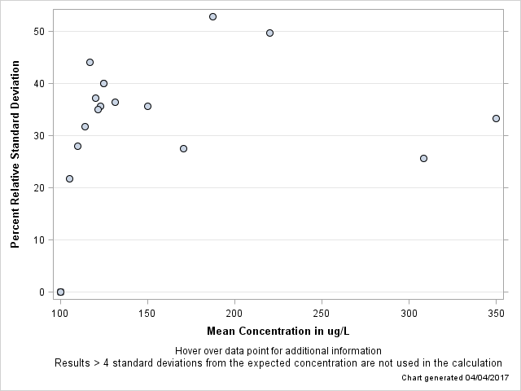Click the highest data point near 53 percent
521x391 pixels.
click(212, 16)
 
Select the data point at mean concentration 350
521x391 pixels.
click(496, 118)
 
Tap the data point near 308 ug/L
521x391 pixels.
click(423, 158)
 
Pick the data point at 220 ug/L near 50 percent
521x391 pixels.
click(269, 33)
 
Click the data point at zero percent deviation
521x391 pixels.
click(60, 292)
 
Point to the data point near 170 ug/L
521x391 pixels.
click(183, 148)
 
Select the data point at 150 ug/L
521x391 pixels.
click(147, 106)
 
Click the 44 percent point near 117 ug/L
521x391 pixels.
click(90, 62)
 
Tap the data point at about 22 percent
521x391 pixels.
click(69, 178)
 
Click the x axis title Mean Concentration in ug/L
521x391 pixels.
click(278, 331)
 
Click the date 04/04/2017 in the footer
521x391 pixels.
click(486, 378)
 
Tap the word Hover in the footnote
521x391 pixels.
click(189, 351)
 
